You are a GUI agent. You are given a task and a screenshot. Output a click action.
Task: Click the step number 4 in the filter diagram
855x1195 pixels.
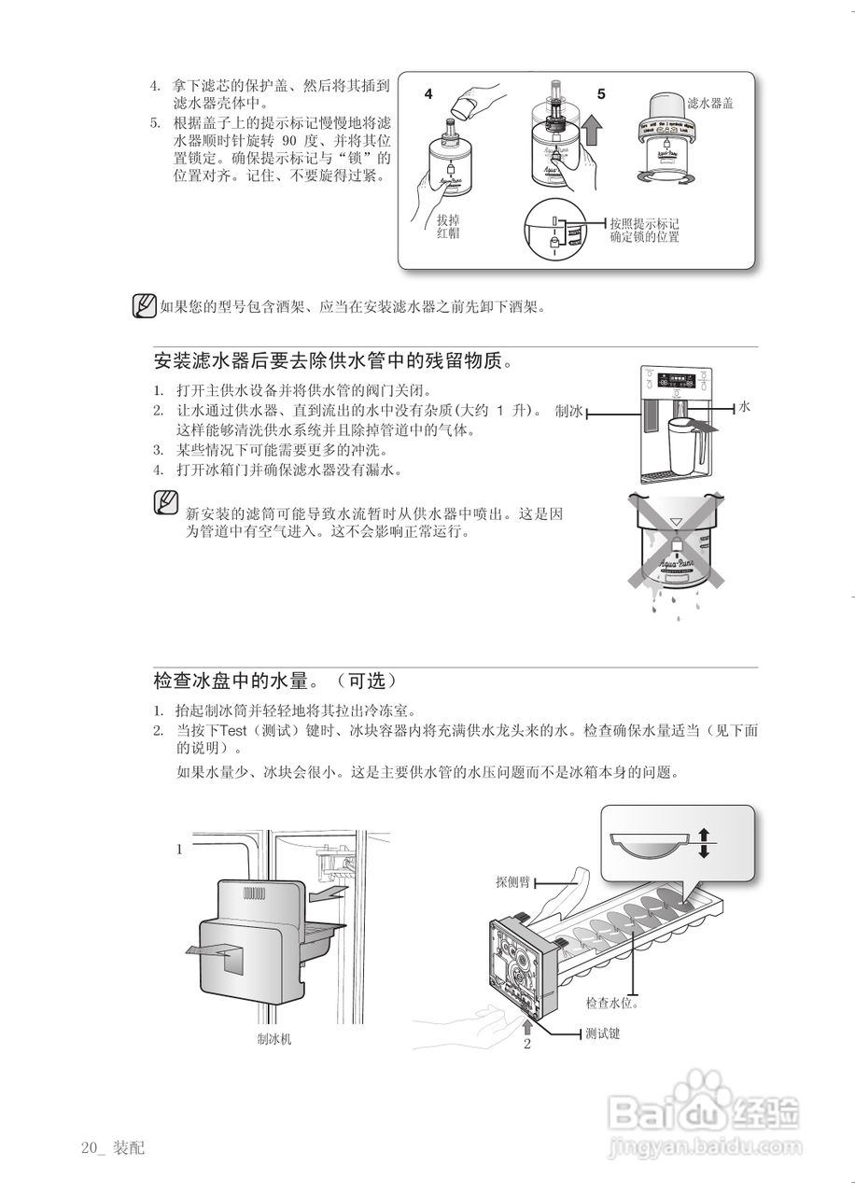point(428,94)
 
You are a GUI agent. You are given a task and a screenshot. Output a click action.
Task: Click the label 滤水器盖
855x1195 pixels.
point(709,104)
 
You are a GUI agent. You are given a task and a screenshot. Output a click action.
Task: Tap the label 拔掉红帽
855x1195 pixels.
point(448,227)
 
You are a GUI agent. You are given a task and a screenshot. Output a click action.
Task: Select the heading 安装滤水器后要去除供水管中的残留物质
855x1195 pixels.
point(332,360)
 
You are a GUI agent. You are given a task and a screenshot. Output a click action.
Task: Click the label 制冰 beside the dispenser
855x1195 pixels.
point(568,412)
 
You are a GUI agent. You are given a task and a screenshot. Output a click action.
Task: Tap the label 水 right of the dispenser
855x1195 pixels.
point(745,408)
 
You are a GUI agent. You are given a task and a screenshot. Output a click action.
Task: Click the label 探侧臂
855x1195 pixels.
point(512,880)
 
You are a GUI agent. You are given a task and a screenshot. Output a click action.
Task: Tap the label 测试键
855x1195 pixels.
point(602,1033)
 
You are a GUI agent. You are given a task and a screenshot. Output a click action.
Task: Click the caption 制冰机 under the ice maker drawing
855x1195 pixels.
point(274,1039)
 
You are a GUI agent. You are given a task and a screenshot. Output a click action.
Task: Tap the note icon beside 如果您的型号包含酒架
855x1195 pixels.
point(144,306)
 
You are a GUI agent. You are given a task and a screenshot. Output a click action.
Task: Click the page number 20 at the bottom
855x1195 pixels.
point(90,1147)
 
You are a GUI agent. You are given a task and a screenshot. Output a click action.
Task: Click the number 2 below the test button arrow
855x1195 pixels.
point(526,1044)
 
